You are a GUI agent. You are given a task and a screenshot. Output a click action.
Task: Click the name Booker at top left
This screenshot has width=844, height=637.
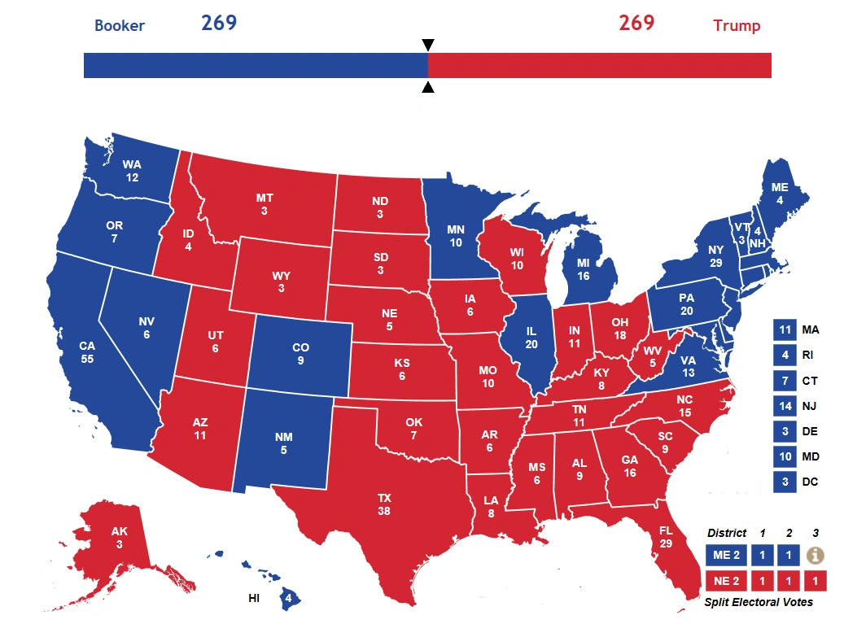(120, 25)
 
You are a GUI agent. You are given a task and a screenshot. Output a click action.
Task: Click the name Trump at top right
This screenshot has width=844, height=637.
(737, 25)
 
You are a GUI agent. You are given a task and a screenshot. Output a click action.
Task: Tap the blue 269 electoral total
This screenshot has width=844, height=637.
(219, 23)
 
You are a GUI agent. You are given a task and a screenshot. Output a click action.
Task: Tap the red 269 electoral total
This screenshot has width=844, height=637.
(636, 23)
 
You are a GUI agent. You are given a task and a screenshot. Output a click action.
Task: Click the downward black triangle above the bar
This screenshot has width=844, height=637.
(428, 45)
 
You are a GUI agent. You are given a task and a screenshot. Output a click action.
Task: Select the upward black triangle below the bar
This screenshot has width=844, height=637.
(428, 87)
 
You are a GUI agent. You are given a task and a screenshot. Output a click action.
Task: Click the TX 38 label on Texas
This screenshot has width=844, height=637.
(384, 504)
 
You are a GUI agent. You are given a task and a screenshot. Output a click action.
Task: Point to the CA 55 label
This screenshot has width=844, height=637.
(87, 352)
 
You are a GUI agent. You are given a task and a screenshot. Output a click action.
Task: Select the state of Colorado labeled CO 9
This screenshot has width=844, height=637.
(300, 354)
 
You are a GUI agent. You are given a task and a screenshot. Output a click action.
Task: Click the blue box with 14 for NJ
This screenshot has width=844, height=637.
(785, 406)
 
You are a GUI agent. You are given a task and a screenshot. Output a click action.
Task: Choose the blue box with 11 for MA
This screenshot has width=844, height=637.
(785, 330)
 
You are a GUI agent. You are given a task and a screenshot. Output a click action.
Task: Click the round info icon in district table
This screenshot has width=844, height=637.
(816, 555)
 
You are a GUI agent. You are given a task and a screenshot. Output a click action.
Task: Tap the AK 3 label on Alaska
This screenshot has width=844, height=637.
(120, 538)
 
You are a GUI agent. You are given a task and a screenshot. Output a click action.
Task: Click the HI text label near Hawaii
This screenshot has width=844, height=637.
(255, 599)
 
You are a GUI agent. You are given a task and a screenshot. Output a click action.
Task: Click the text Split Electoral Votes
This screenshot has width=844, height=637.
(759, 602)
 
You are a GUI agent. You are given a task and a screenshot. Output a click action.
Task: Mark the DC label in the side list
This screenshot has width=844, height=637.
(811, 482)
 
